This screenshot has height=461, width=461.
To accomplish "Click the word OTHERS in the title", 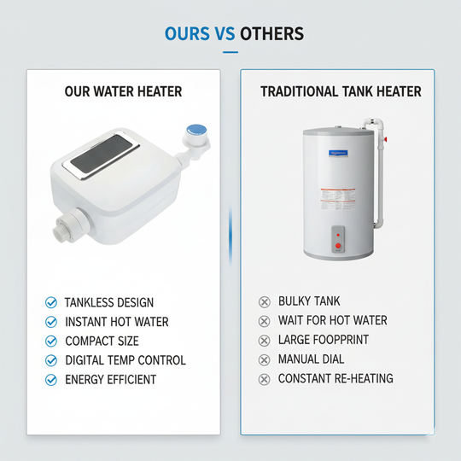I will coord(271,34).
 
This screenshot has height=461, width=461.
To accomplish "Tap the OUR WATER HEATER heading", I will coord(123,91).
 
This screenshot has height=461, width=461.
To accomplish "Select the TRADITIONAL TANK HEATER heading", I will coord(341,91).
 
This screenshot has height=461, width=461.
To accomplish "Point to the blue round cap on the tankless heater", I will coord(195,131).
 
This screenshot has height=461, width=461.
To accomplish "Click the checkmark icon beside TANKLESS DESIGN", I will coord(50,303).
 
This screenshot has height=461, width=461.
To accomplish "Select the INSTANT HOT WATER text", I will coord(117,322).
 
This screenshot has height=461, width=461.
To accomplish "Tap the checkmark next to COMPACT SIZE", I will coord(50,341).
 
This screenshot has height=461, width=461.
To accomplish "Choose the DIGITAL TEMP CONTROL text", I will coord(125,360).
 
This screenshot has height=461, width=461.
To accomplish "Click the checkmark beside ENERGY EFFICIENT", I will coord(50,379).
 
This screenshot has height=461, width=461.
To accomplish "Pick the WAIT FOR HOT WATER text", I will coord(333,320).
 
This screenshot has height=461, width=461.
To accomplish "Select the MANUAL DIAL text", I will coord(312,359).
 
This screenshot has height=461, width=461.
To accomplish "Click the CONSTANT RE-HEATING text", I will coord(336,378).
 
